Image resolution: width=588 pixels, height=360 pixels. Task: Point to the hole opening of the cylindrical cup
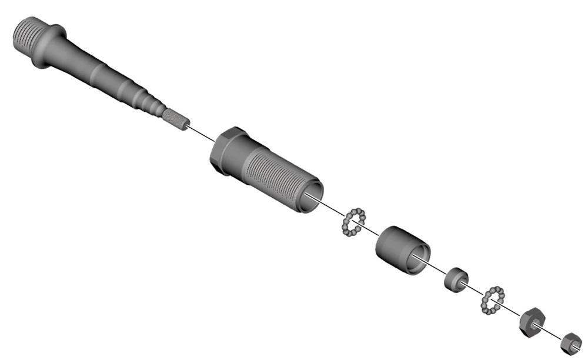(x=418, y=258)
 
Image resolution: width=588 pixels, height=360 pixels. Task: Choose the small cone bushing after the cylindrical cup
(x=455, y=279)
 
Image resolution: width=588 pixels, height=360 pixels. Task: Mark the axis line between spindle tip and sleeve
(x=201, y=134)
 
